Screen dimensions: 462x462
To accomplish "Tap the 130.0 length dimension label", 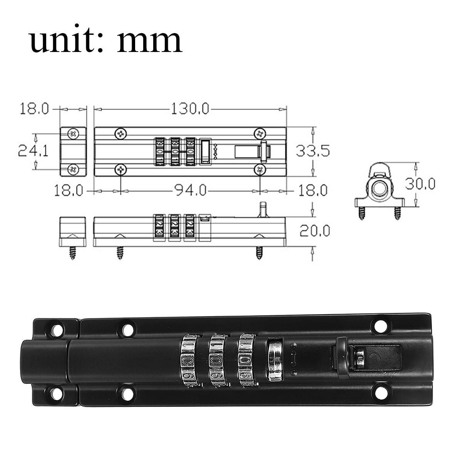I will point(190,109).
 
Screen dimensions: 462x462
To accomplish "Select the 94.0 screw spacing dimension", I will point(189,190).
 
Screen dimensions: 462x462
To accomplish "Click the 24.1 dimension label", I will point(33,151).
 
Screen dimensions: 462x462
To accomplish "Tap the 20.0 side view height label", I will point(315,231).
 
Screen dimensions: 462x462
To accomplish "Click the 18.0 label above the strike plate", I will point(35,109).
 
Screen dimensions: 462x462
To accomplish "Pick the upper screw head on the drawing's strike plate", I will point(73,134).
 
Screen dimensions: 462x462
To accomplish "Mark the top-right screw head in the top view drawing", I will point(260,134).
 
